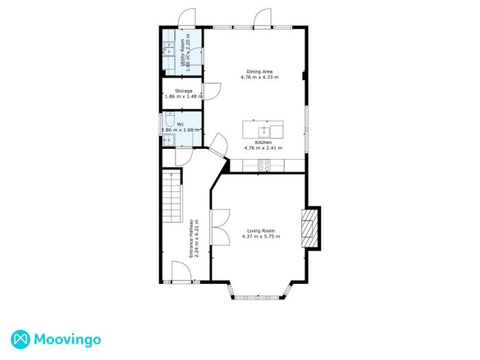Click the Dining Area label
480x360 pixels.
click(260, 71)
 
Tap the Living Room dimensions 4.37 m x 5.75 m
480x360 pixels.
click(261, 237)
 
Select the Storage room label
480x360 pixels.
click(184, 91)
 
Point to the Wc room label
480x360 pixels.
click(180, 124)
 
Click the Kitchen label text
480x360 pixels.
click(263, 143)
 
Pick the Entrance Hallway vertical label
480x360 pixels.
click(191, 238)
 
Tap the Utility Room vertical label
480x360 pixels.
click(183, 53)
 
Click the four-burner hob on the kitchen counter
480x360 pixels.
click(264, 166)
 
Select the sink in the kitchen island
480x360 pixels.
click(264, 132)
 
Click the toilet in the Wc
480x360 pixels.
click(169, 119)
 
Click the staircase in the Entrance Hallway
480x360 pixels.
click(172, 197)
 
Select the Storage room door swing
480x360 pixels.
click(212, 91)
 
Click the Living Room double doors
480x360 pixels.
click(220, 227)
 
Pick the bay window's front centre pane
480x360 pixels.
click(257, 297)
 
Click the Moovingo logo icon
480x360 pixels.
click(21, 339)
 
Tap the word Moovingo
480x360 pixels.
click(67, 340)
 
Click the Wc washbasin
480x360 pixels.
click(169, 140)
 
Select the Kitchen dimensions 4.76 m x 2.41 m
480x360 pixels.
click(263, 148)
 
